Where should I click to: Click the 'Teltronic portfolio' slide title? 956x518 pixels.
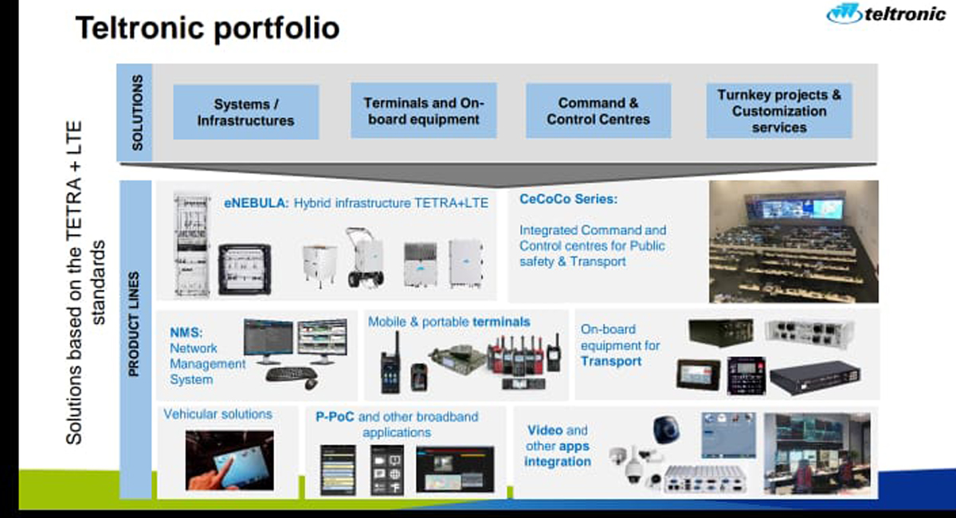207,29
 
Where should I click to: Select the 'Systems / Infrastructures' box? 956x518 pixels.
246,112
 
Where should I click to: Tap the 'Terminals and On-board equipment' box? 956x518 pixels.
423,111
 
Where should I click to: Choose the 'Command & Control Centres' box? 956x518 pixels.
597,111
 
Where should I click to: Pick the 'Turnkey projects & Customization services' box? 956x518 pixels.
778,111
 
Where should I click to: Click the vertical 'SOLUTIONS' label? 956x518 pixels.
137,112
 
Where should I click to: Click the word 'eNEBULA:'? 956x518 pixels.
256,203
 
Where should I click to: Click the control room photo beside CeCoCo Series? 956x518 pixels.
793,241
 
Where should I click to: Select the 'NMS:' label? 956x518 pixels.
186,332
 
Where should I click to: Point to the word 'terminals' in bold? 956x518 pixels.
501,322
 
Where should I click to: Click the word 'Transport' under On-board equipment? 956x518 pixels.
610,361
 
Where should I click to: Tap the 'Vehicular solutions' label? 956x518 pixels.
217,414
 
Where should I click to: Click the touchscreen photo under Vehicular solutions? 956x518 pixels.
229,460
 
